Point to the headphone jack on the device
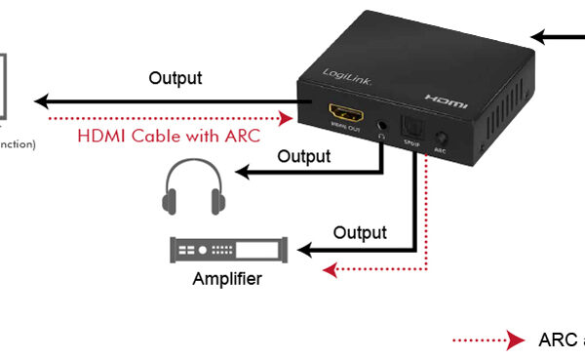click(382, 126)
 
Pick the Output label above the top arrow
click(175, 77)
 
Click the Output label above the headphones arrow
click(303, 155)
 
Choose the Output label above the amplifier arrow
click(360, 232)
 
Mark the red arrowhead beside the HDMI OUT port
click(286, 118)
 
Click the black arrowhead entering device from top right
click(539, 37)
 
